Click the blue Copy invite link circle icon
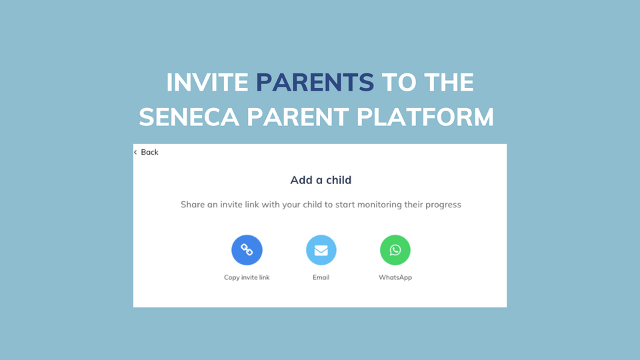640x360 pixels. pos(247,250)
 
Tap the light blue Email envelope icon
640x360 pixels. pos(321,250)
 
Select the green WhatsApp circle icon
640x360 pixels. pos(395,250)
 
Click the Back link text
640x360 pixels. pos(150,152)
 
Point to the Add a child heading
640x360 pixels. pos(321,180)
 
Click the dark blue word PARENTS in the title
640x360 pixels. pos(315,83)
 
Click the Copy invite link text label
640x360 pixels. pos(247,277)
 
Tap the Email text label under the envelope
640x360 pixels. pos(321,277)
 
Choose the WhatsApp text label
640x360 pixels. pos(395,277)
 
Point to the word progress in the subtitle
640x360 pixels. pos(442,205)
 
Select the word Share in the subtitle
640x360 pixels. pos(193,205)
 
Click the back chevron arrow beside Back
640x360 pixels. pos(135,152)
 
